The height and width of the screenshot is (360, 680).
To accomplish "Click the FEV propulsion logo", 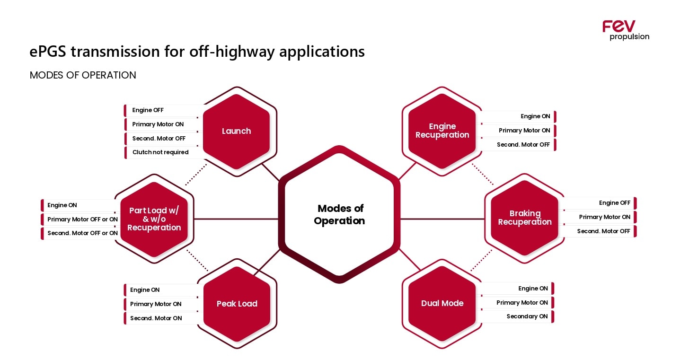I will pos(626,30).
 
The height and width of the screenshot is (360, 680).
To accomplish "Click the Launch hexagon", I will pos(236,131).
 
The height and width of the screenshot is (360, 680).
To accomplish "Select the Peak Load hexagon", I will pos(237,304).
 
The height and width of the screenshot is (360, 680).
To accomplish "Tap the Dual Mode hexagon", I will pos(442,303).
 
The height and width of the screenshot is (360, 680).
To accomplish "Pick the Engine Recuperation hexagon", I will pos(442,131).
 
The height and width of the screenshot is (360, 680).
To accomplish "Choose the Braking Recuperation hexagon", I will pos(524,218).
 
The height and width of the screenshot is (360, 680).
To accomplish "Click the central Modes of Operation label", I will pos(340,215).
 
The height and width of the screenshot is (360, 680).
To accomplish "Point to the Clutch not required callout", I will pos(160,152).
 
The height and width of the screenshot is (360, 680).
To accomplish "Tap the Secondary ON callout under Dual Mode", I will pos(527,316).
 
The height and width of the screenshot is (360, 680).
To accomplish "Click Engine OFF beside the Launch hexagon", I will pos(148,110).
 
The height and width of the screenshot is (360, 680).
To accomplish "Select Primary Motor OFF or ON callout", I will pos(82,220).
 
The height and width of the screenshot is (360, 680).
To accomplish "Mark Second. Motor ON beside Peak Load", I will pos(156,318).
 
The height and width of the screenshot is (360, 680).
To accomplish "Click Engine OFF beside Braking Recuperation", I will pos(614,203).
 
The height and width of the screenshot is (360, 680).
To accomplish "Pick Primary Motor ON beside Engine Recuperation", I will pos(524,131).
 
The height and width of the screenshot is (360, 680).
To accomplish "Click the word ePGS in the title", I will pos(48,51).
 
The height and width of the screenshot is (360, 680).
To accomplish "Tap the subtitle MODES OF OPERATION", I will pos(83,75).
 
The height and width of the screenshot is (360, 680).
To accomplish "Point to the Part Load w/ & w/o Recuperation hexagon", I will pos(154,219).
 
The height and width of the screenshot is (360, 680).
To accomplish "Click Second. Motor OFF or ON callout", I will pos(82,233).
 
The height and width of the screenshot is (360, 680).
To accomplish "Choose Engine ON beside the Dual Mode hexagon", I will pos(533,289).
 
